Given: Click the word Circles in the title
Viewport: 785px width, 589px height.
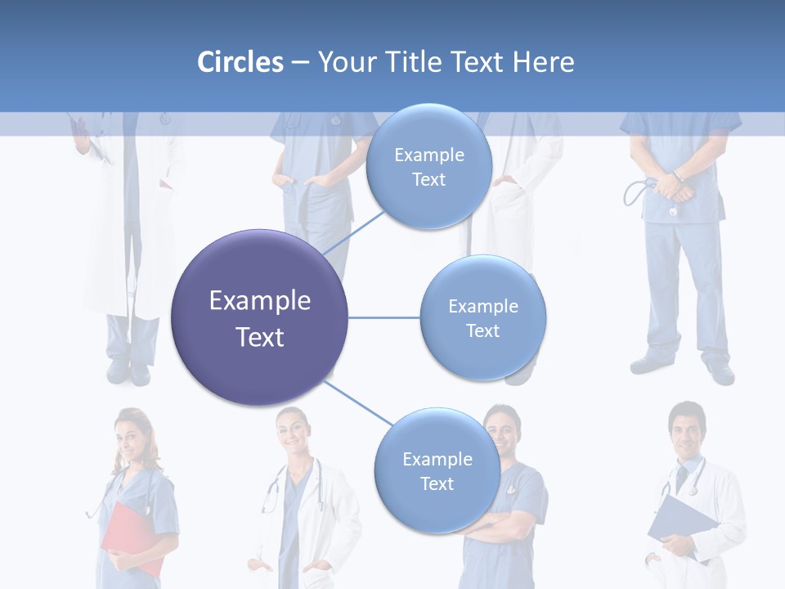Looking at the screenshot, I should [x=240, y=62].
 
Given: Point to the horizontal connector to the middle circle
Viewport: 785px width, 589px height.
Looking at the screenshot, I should [x=384, y=317].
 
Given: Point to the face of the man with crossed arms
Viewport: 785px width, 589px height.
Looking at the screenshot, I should [x=501, y=432].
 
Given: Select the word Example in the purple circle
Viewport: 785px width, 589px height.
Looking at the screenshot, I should [x=259, y=301].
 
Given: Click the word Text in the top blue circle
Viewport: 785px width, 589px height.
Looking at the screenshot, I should [x=428, y=179].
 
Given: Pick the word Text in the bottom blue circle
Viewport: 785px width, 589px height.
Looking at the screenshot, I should [x=437, y=483].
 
